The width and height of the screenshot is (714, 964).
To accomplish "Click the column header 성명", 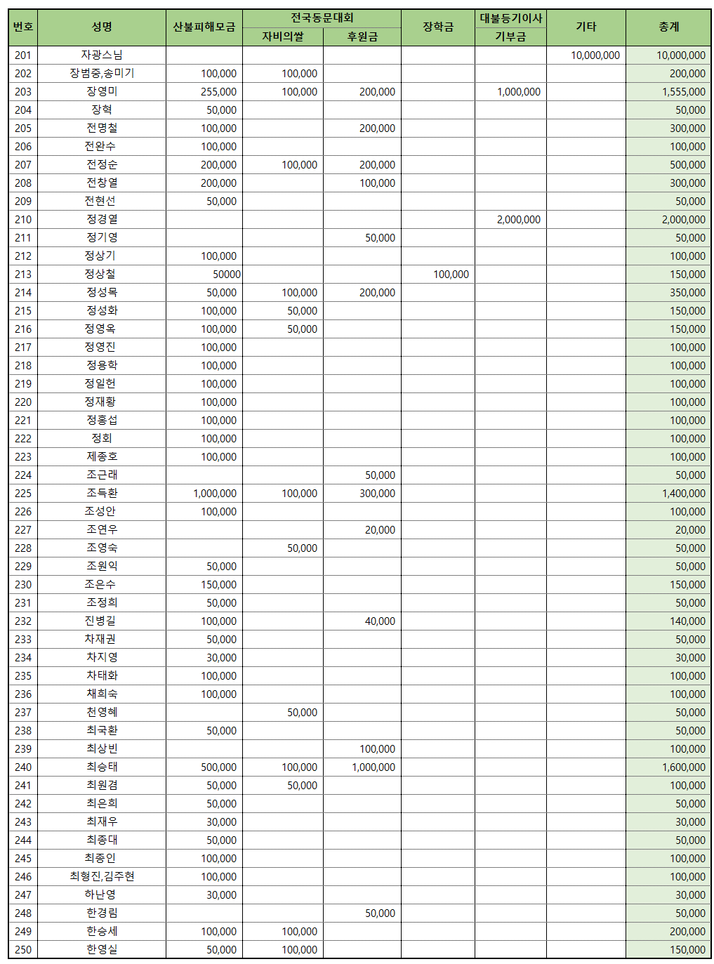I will [x=102, y=27].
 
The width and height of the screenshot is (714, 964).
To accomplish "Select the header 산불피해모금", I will [x=204, y=27].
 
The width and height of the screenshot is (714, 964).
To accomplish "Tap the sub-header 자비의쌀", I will [x=283, y=37].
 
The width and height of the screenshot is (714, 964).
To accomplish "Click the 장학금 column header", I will [x=437, y=27].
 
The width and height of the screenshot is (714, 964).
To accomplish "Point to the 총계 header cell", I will [x=668, y=27].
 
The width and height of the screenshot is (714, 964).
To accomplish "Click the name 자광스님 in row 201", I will [x=102, y=55].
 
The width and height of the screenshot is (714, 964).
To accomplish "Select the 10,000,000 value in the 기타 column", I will [x=595, y=55].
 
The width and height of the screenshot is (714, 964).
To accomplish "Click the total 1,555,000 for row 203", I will [x=683, y=91].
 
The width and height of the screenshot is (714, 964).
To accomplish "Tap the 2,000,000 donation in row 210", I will [x=518, y=219].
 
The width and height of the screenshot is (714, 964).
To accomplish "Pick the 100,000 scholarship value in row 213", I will [x=451, y=274].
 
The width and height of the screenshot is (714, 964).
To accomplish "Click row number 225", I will [x=23, y=493].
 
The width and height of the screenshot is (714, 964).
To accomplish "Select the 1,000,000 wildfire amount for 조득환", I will [x=215, y=493].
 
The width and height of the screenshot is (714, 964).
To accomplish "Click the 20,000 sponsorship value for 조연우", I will [x=380, y=529].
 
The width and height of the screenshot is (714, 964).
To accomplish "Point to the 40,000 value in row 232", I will [x=380, y=621].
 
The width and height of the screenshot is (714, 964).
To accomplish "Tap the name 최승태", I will [x=102, y=767].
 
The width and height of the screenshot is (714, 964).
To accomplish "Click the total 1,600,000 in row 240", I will [x=683, y=767].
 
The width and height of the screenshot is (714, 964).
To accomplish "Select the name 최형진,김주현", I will [x=102, y=876].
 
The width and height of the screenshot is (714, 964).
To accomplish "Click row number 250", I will [x=23, y=949].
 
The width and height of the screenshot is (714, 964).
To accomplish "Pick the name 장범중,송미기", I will [x=102, y=73].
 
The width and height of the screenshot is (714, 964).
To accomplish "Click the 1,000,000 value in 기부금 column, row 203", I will [x=518, y=91].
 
